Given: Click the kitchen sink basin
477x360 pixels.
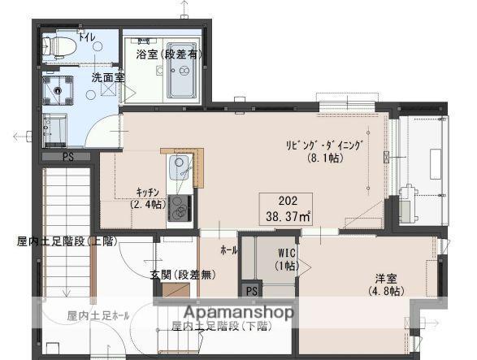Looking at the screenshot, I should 179,170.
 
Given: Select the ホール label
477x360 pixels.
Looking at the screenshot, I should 228,250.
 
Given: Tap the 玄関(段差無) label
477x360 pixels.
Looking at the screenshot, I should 183,275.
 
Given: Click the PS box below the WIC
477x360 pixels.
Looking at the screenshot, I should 252,290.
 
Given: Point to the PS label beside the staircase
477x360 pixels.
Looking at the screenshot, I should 68,156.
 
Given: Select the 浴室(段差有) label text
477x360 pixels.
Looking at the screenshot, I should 169,54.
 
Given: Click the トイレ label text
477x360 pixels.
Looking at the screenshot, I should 85,37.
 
